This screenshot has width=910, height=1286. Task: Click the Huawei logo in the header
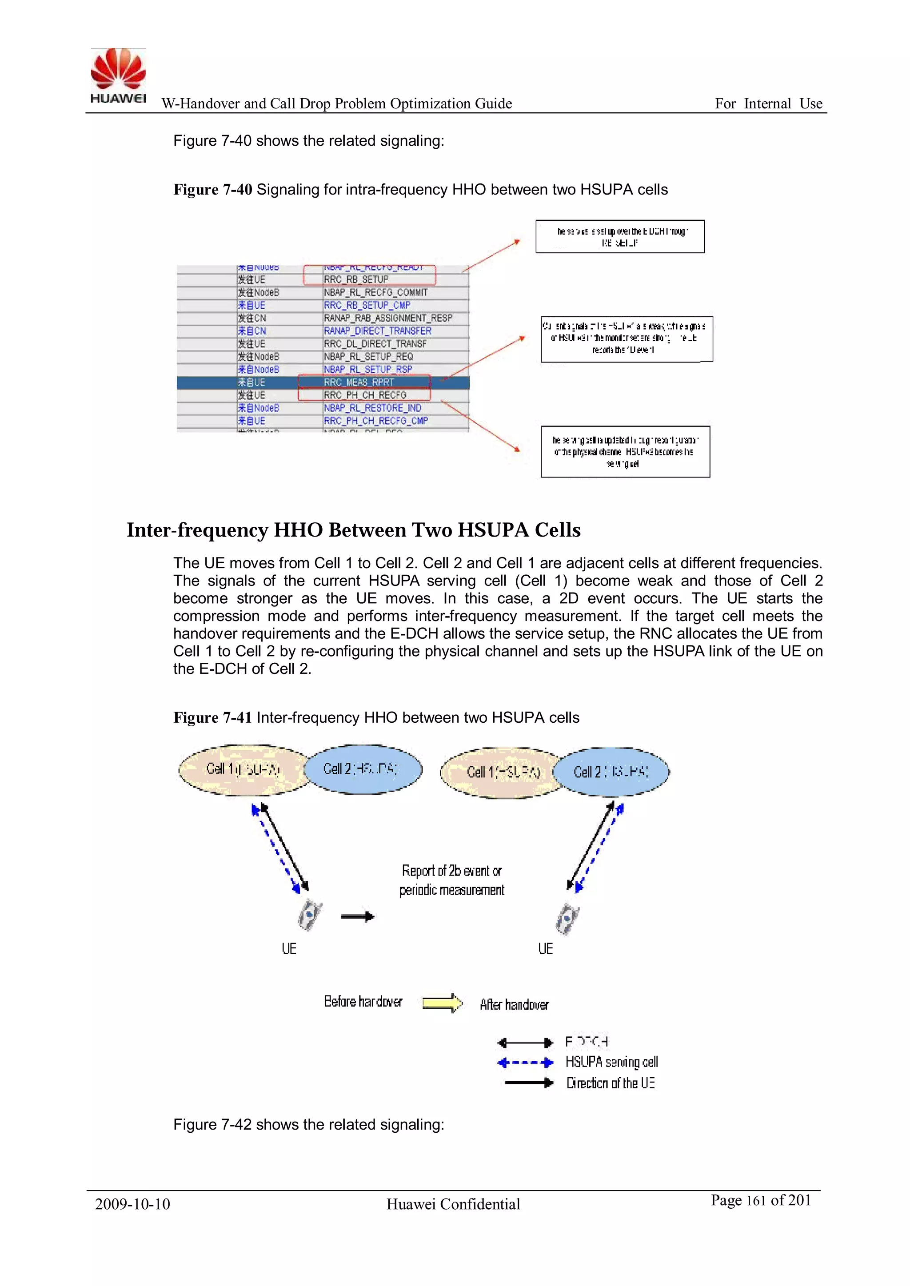118,76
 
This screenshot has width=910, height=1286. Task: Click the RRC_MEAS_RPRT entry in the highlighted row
359,382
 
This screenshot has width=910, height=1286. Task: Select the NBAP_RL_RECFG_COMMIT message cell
375,292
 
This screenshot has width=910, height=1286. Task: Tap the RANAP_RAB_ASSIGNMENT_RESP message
388,318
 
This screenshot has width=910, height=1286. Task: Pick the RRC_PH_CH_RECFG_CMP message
375,421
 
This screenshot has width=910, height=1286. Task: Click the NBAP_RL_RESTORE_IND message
372,408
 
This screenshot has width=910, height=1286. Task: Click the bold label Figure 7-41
212,717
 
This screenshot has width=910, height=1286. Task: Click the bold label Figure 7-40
212,190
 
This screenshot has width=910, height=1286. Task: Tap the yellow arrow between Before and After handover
442,1003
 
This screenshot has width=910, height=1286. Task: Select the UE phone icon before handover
309,915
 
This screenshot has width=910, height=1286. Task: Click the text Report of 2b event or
451,871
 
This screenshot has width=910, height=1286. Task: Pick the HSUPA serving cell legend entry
611,1062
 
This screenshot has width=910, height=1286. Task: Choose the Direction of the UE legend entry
610,1083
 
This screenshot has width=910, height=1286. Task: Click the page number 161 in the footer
756,1201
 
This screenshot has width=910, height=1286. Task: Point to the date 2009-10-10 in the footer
132,1204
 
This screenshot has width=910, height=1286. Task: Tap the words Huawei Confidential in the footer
453,1204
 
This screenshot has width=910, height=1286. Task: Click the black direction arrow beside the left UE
358,917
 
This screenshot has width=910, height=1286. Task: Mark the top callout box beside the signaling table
620,236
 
